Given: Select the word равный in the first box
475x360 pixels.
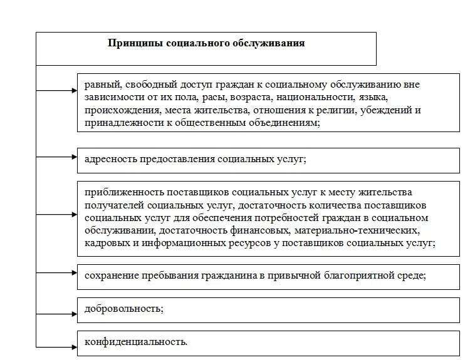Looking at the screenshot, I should coord(99,83).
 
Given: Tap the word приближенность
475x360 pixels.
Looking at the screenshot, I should coord(117,192).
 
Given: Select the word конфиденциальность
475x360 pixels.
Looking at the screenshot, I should coord(135,342).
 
